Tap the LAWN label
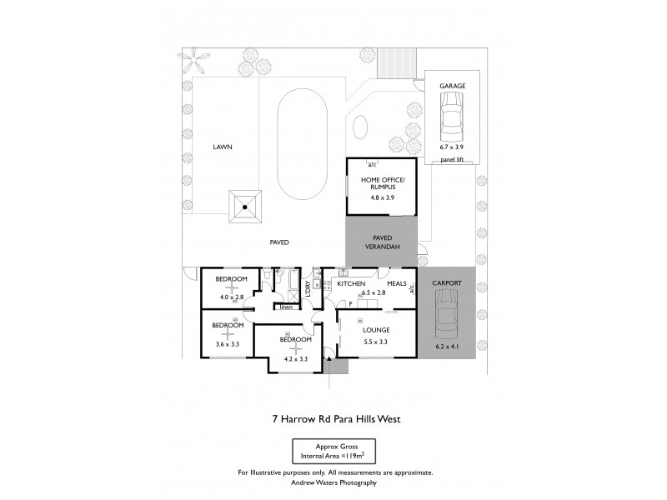[222, 147]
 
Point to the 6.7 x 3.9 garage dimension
[451, 147]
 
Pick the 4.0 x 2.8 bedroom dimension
[231, 297]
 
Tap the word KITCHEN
[351, 284]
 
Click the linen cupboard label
[286, 307]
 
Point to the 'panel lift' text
[451, 158]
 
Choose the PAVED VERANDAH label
[382, 242]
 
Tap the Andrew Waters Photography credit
[334, 482]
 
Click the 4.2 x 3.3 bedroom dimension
[295, 359]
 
